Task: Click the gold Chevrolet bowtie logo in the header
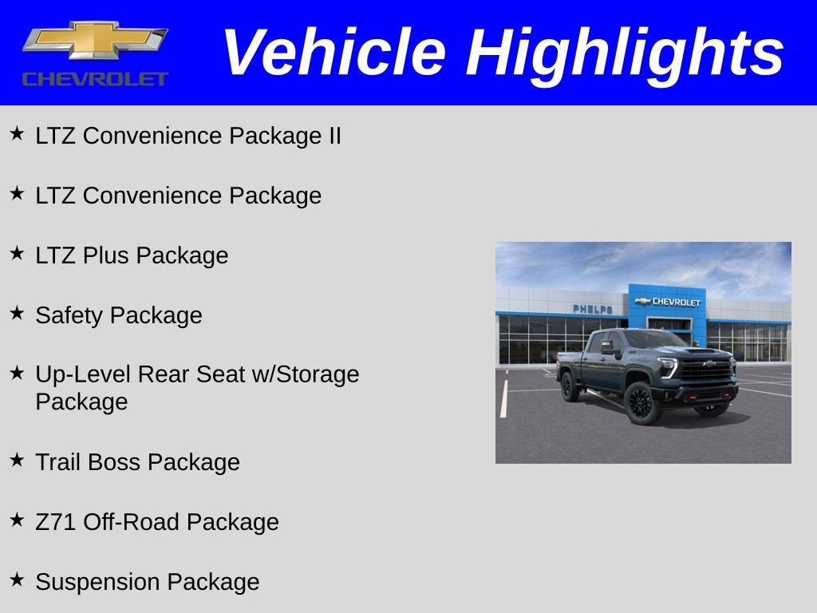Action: click(x=95, y=41)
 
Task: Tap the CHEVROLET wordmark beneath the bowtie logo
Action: click(x=95, y=79)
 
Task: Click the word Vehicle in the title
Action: click(x=333, y=53)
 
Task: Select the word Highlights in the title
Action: click(x=625, y=53)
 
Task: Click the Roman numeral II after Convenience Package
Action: click(x=334, y=136)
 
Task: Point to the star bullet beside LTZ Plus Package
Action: click(x=17, y=254)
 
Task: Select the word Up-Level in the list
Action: click(x=83, y=374)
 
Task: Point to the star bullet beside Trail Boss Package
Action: click(x=17, y=460)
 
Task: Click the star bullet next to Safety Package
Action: click(x=17, y=313)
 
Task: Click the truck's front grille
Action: click(x=705, y=370)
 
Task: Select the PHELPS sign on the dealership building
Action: click(x=592, y=309)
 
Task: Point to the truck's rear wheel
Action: click(x=570, y=386)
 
